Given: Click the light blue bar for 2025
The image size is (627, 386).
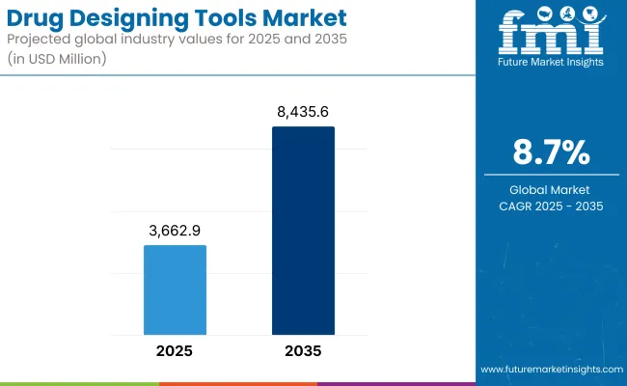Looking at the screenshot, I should pyautogui.click(x=175, y=287).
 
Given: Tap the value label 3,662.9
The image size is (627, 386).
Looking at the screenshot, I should pyautogui.click(x=175, y=232).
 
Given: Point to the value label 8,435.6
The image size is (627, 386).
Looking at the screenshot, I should pyautogui.click(x=303, y=113).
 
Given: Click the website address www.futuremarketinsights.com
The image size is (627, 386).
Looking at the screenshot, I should pyautogui.click(x=549, y=370).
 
